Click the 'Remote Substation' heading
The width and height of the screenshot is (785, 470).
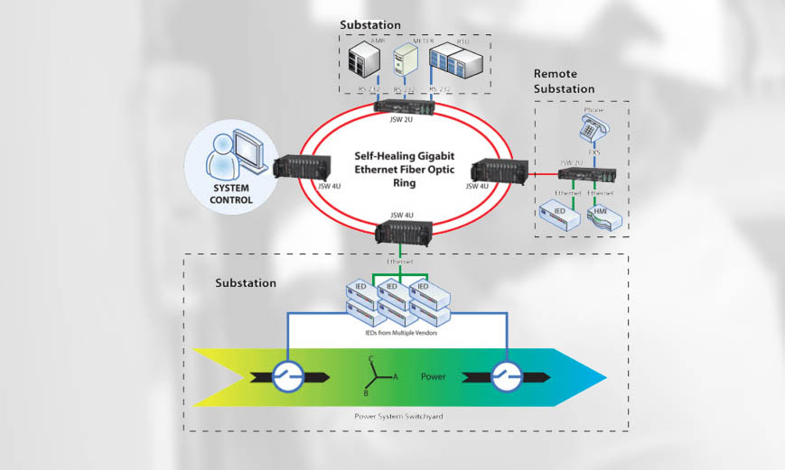point(565,81)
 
